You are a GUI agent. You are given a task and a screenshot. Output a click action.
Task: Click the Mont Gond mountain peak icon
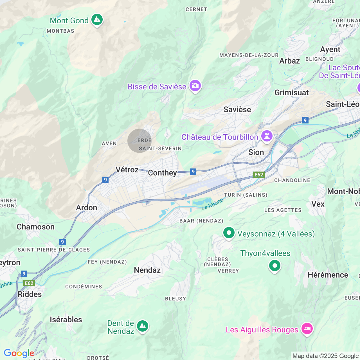point(97,20)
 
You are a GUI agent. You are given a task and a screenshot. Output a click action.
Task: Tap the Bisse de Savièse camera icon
point(195,85)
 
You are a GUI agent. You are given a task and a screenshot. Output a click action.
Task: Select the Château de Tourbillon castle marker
point(267,136)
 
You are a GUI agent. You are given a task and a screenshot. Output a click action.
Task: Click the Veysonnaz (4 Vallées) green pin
point(229,233)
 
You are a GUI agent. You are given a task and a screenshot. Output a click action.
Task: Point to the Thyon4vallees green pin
point(275,265)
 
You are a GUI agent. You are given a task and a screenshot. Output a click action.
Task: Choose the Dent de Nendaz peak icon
point(143,326)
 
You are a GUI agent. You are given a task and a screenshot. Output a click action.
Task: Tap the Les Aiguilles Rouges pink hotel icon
point(307,328)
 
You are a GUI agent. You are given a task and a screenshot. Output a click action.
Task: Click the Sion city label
point(256,152)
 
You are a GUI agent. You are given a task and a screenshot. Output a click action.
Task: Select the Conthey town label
point(162,173)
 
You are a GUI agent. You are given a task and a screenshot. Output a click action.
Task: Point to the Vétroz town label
point(127,170)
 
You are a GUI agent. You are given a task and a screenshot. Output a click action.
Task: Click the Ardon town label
point(87,208)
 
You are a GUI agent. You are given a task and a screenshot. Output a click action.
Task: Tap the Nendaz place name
point(147,270)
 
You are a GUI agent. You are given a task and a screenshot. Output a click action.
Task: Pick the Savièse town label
point(237,109)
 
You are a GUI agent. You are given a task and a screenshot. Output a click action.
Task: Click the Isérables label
point(66,319)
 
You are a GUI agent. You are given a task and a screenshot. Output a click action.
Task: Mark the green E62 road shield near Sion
point(259,175)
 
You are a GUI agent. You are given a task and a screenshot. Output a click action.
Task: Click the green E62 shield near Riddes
point(29,283)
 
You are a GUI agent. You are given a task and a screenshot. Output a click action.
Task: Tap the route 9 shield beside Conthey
point(193,172)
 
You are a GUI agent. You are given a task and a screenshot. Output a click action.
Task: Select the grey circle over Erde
point(139,141)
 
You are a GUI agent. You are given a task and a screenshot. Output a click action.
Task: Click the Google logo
point(19,353)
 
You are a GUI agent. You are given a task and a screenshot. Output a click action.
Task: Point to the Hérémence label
point(328,275)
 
